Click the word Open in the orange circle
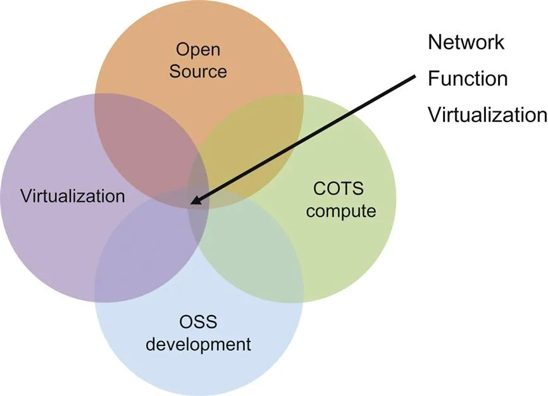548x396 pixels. pos(197,49)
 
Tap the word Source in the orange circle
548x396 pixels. pos(197,71)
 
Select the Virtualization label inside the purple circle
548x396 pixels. pos(73,195)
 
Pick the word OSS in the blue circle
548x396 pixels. pos(199,323)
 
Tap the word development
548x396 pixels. pos(199,345)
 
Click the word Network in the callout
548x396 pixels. pos(466,42)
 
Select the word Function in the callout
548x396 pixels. pos(468,79)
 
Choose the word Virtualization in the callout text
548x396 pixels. pos(487,115)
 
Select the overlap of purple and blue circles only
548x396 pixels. pos(142,253)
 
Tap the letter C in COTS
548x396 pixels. pos(319,188)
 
